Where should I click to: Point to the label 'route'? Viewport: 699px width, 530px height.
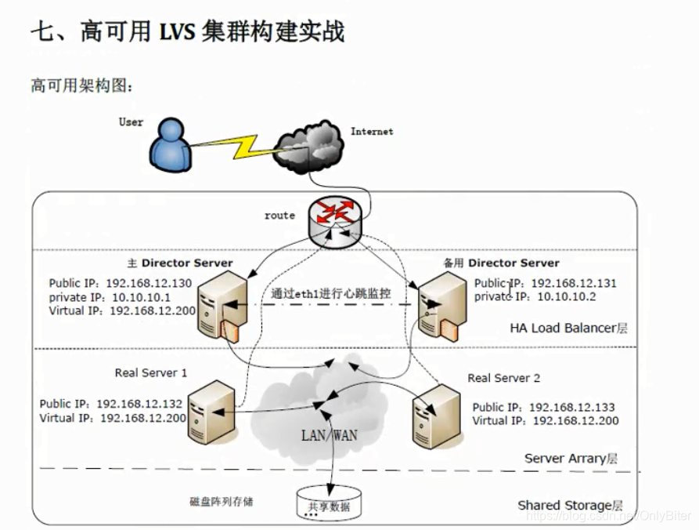tap(279, 215)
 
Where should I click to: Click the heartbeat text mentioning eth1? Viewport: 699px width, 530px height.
tap(331, 293)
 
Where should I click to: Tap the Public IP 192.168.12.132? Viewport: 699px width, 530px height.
tap(139, 404)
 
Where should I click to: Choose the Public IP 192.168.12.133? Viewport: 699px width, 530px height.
tap(571, 407)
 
